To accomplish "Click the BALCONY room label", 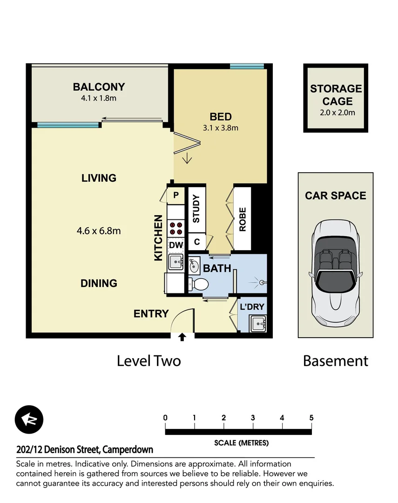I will point(99,87).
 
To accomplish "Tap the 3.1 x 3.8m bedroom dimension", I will point(221,128).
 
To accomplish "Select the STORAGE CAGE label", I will point(336,95).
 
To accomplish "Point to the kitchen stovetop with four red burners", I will point(176,228).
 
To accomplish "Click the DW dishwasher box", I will point(176,245).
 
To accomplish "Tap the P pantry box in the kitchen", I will point(176,195).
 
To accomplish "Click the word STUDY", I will point(196,209).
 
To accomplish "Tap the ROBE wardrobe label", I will point(242,219).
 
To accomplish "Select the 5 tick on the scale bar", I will point(311,418).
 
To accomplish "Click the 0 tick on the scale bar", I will point(165,418).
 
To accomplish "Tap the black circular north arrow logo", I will point(29,419).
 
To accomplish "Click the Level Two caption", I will point(148,361).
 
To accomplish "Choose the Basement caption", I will point(335,361).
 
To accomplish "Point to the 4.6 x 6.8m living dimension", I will point(99,231).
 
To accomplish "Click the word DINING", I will point(99,283).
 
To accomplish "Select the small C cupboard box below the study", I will point(196,242).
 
